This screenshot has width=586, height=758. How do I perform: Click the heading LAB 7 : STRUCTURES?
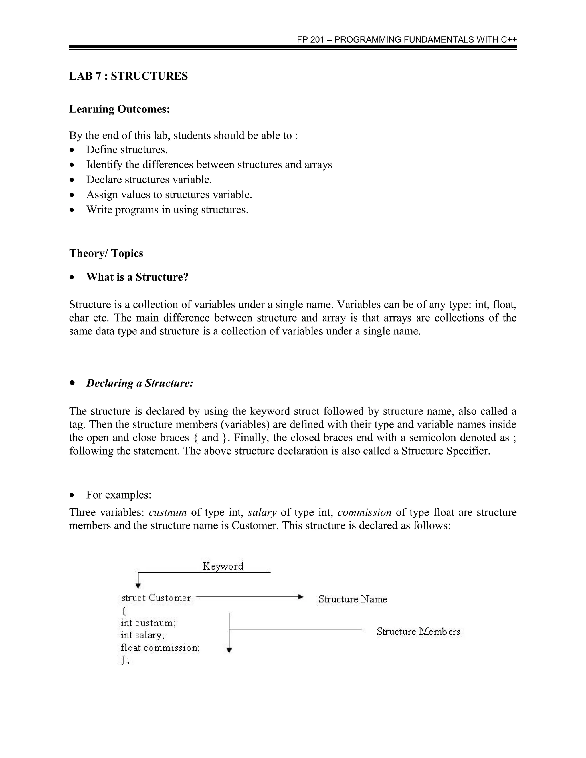tap(128, 76)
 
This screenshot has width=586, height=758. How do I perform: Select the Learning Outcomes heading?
tap(119, 109)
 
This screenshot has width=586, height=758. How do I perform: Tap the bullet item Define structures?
tap(127, 150)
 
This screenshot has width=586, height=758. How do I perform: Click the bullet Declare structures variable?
tap(149, 180)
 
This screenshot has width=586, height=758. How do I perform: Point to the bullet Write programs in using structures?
tap(167, 210)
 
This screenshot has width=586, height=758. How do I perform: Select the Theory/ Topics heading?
tap(106, 253)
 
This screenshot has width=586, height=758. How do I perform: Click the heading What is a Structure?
tap(137, 277)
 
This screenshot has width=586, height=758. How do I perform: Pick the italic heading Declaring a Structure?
tap(140, 383)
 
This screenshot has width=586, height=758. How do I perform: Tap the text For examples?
tap(119, 495)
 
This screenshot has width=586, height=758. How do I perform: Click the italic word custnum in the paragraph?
tap(168, 513)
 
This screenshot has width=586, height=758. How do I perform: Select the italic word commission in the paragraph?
tap(364, 513)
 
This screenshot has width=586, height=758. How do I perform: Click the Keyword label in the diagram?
tap(223, 566)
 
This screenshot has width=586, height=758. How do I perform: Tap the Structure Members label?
tap(418, 631)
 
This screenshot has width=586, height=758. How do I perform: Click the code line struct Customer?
tap(156, 598)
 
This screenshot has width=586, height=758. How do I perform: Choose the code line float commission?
tap(160, 648)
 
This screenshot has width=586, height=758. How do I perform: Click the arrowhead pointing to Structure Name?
tap(301, 597)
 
